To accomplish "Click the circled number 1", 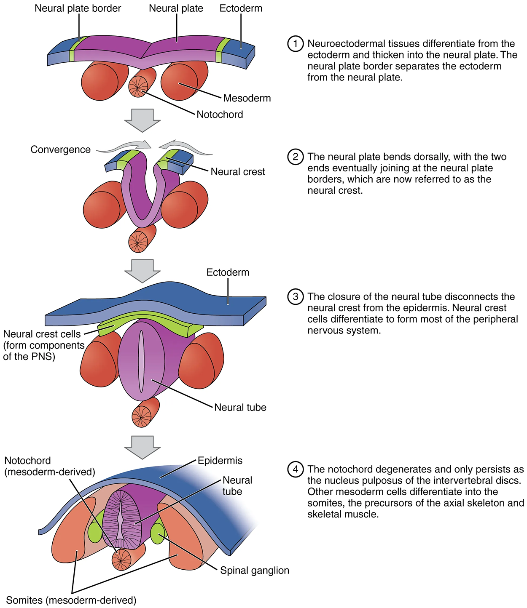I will pos(296,43).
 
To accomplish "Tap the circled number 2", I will pos(296,157).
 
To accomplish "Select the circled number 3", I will pos(296,296).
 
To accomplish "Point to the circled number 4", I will pos(296,469).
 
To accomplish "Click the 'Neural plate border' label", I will pos(78,8).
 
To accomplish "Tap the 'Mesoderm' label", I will pos(247,98).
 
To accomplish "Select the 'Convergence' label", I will pos(60,149).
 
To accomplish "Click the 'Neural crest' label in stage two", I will pos(238,172).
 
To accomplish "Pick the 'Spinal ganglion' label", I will pos(255,571).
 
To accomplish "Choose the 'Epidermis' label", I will pos(220,461).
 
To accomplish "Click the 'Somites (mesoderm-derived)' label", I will pos(71,600).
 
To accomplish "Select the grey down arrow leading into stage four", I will pos(143,447).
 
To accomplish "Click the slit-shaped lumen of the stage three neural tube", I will pos(142,360).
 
